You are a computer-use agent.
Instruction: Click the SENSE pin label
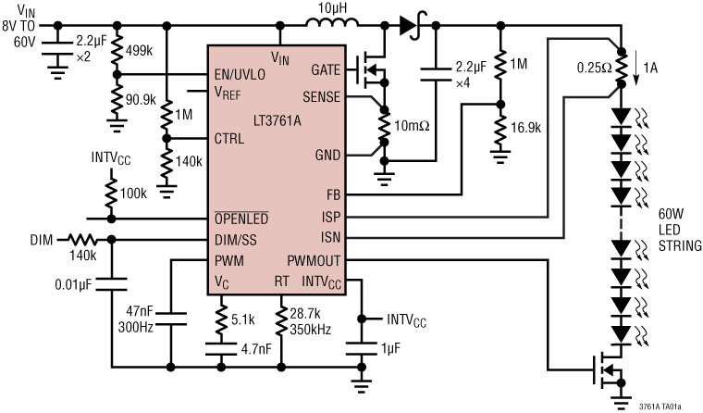(320, 96)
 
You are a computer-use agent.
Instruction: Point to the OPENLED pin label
(241, 219)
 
